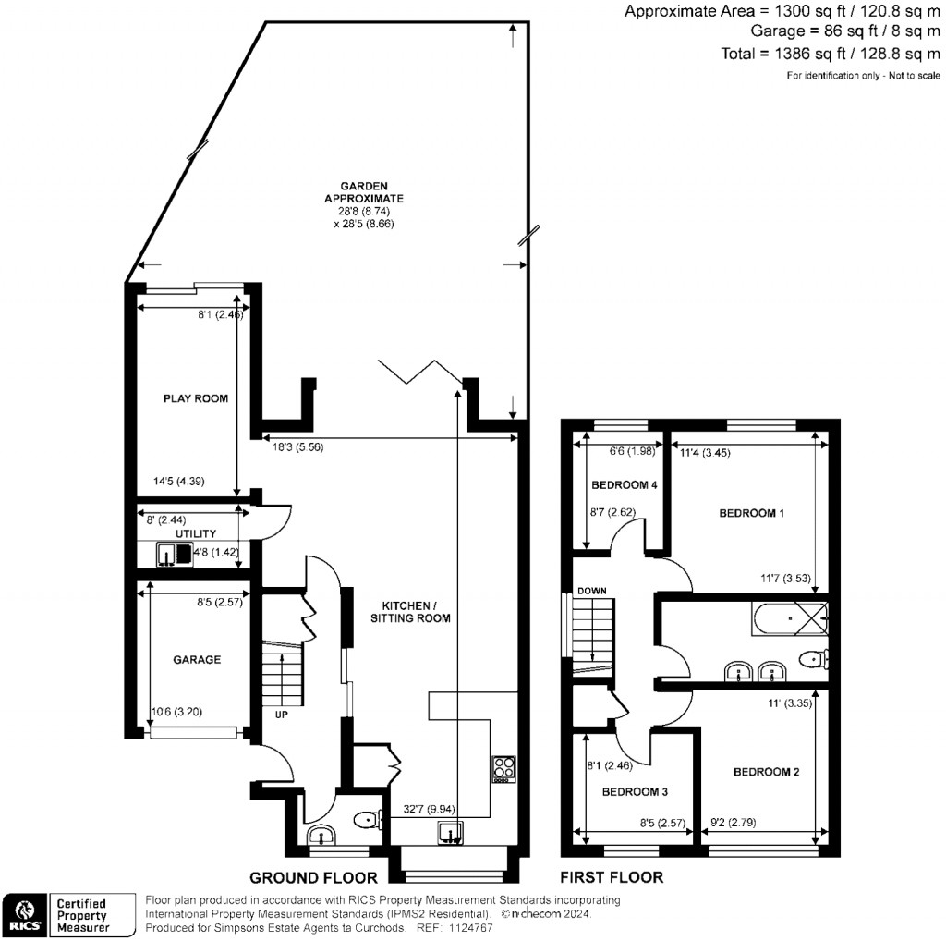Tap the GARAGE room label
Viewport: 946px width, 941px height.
[197, 660]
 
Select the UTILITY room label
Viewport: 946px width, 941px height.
[195, 533]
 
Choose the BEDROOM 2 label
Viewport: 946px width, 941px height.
[766, 772]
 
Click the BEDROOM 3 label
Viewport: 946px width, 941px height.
[635, 792]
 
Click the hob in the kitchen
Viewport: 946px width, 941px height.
[504, 768]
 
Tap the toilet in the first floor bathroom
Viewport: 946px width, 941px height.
[813, 659]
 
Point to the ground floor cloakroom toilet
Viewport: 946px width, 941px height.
[369, 819]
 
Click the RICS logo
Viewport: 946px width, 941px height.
[25, 913]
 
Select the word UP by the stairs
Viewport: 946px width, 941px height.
[280, 714]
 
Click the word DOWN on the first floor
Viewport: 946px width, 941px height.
[591, 591]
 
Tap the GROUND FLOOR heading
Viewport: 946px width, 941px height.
[313, 877]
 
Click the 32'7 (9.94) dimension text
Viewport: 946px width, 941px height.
[421, 809]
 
